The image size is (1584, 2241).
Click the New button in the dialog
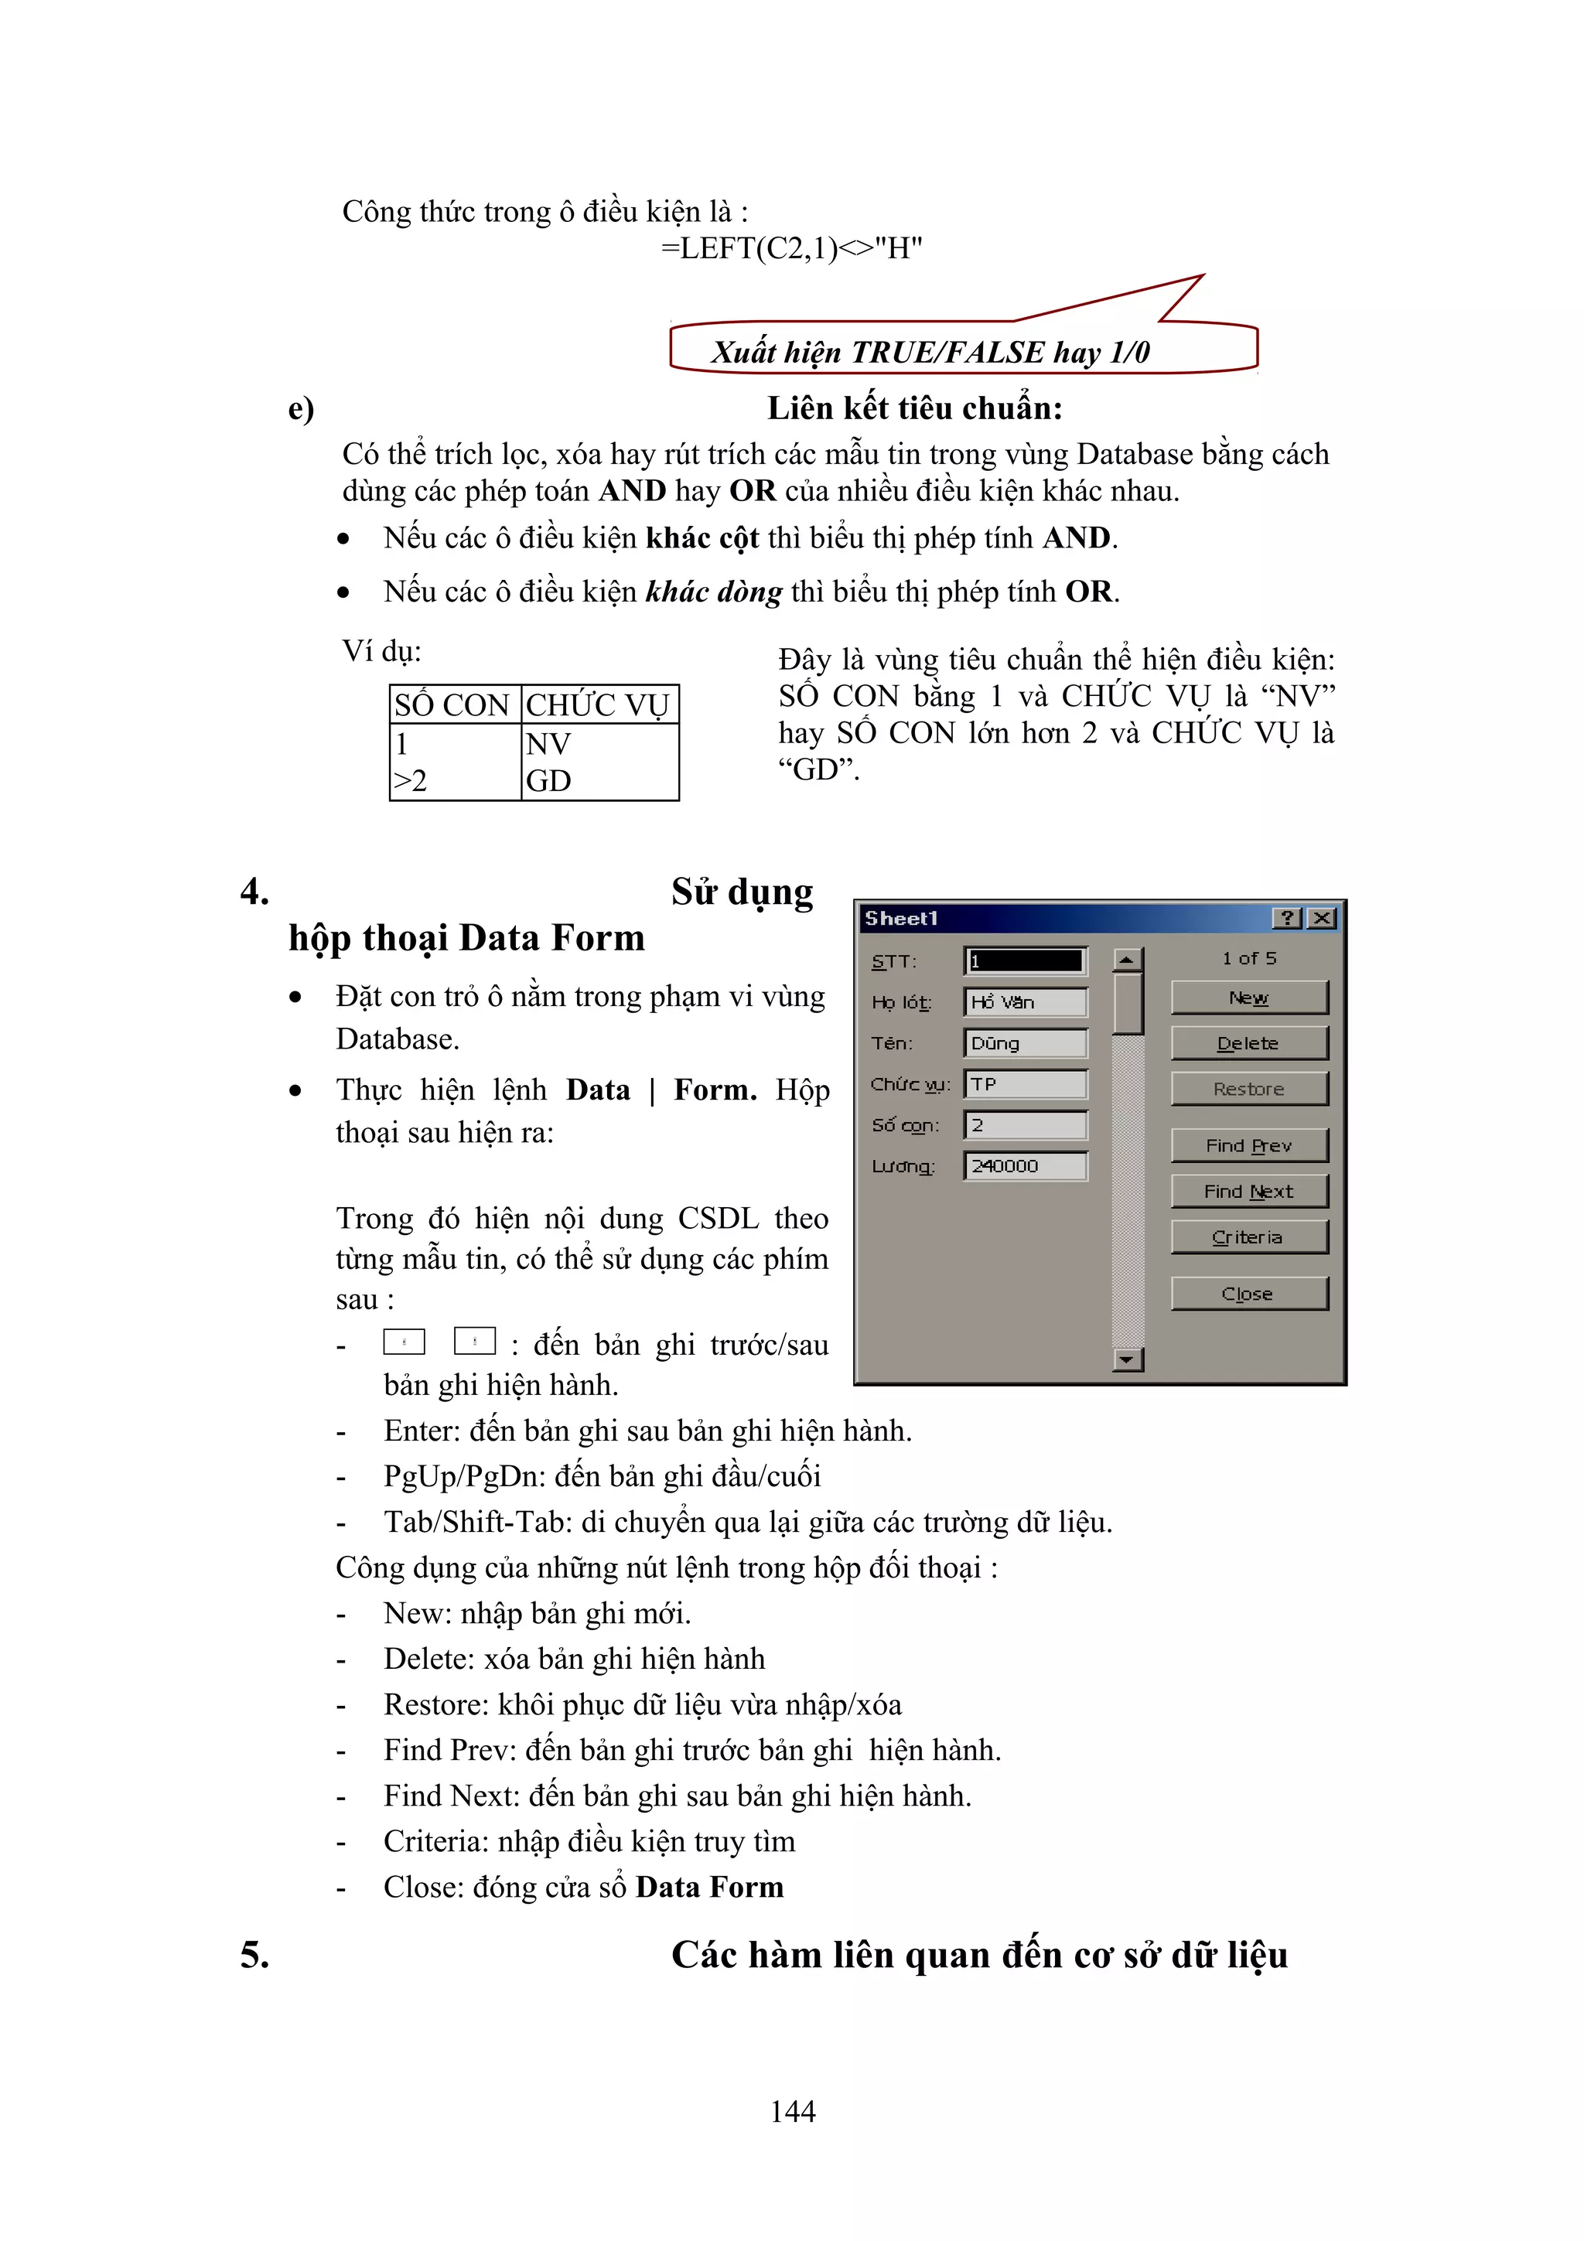pos(1248,998)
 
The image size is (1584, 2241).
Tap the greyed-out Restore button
pos(1248,1088)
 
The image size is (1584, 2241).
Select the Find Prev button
pos(1248,1145)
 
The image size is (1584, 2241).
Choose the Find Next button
pos(1248,1191)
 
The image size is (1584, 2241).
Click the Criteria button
pos(1248,1236)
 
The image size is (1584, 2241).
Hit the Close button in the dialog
pos(1248,1293)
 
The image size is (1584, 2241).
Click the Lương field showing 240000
pos(1025,1165)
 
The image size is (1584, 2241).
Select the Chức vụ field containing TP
pos(1025,1083)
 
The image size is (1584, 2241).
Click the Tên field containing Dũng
pos(1025,1042)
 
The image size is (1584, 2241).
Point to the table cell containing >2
pos(454,781)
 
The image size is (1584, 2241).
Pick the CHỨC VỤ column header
pos(599,704)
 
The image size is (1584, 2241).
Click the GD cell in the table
pos(599,781)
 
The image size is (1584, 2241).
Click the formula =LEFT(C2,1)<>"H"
pos(791,249)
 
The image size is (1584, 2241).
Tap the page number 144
pos(793,2111)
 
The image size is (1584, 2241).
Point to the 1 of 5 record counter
pos(1248,958)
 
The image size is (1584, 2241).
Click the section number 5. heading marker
pos(254,1955)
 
